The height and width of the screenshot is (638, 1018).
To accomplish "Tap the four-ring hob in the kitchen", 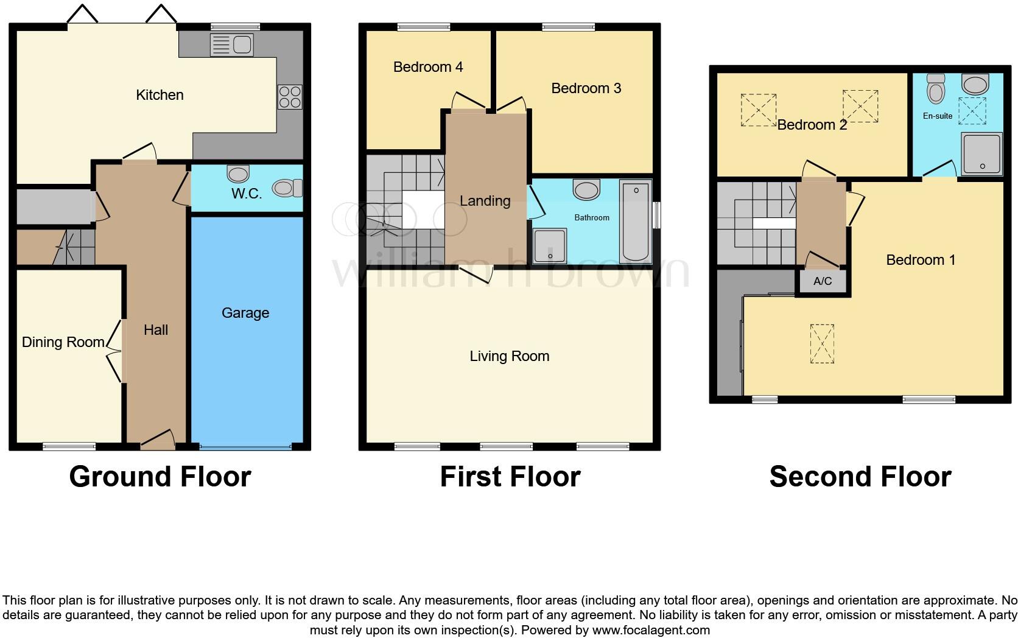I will click(290, 96).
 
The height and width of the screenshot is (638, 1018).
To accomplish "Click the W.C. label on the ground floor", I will click(247, 194).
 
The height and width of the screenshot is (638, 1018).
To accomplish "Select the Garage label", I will click(245, 313).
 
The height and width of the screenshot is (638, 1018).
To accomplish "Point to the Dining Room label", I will click(63, 342).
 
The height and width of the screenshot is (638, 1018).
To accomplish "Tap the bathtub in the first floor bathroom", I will click(636, 222).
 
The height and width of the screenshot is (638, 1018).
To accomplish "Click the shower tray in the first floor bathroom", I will click(550, 246).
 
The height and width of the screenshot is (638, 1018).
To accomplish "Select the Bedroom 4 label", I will click(428, 67).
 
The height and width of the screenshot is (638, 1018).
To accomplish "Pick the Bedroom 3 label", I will click(586, 88).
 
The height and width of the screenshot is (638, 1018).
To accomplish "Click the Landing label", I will click(485, 201).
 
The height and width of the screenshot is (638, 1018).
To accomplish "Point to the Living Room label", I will click(509, 356).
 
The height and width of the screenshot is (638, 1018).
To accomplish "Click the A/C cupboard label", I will click(823, 281).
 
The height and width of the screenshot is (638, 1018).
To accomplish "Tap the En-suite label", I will click(937, 116).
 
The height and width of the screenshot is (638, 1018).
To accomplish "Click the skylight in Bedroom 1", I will click(822, 344).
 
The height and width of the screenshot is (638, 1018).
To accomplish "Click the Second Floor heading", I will click(860, 477).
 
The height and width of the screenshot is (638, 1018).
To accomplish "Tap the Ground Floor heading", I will click(160, 477).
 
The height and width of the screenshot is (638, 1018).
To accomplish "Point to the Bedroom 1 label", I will click(920, 260).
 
